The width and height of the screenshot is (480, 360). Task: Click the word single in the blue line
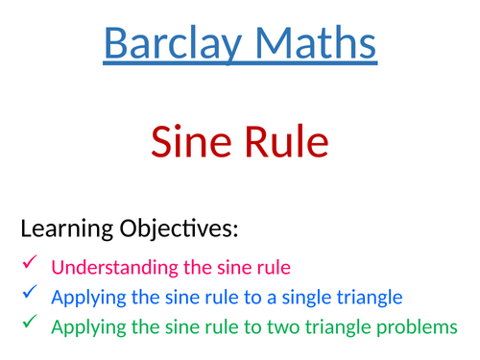click(x=288, y=298)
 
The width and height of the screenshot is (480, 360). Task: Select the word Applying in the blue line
click(x=85, y=298)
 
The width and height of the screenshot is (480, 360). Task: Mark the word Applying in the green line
click(x=85, y=328)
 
